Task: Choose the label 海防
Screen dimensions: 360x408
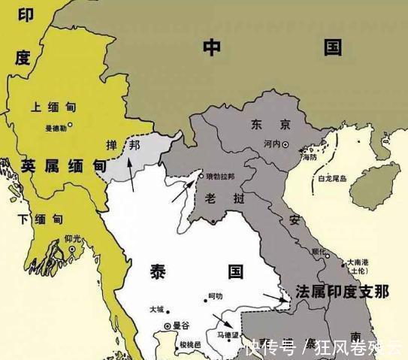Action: (x=309, y=157)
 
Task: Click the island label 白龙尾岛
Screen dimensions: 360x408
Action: (x=332, y=179)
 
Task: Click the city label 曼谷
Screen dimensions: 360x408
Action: (x=181, y=326)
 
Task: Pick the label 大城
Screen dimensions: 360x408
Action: (x=156, y=309)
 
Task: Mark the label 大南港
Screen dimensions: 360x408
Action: (x=358, y=263)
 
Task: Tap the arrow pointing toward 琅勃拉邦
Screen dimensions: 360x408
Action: (x=180, y=192)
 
